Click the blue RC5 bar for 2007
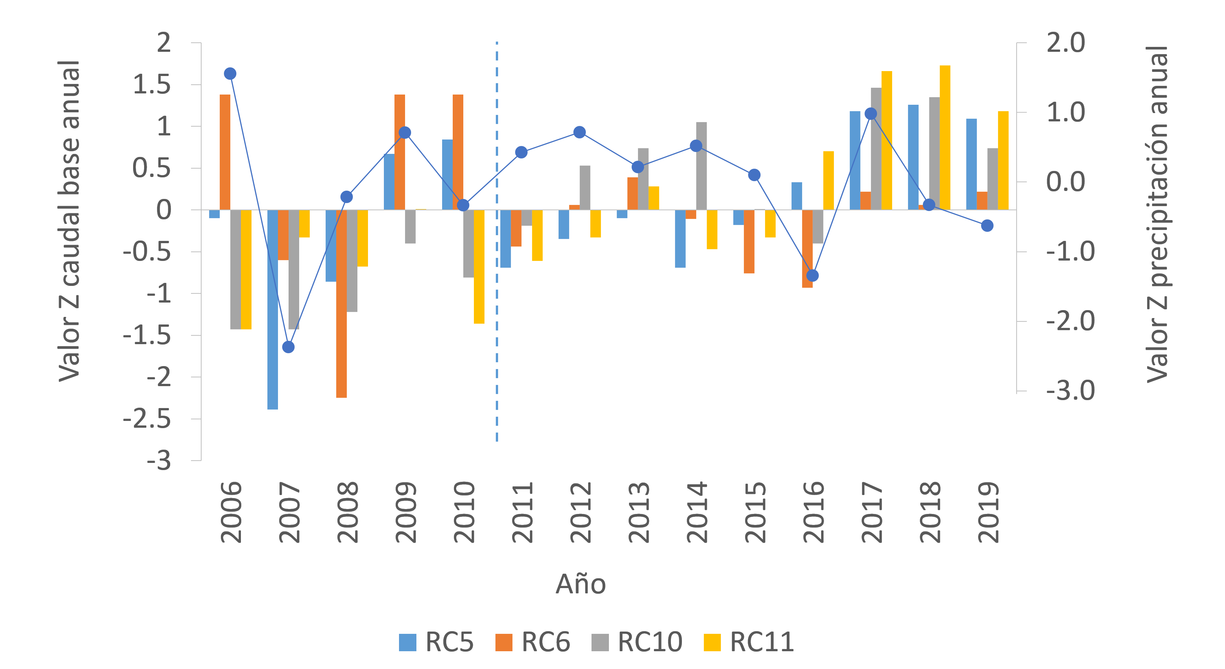[x=272, y=309]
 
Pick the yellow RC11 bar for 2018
[x=945, y=138]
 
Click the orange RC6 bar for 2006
[x=225, y=152]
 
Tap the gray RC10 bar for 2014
[x=702, y=166]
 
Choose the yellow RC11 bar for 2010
[x=479, y=266]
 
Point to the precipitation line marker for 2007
[x=288, y=347]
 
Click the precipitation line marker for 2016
[x=812, y=275]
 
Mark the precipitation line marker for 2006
[x=230, y=74]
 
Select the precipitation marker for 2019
[x=987, y=226]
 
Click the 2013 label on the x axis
[x=639, y=512]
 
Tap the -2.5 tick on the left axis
[x=147, y=419]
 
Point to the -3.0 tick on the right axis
[x=1070, y=391]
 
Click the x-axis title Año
[x=581, y=584]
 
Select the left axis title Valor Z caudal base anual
[x=70, y=221]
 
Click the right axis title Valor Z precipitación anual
[x=1157, y=214]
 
